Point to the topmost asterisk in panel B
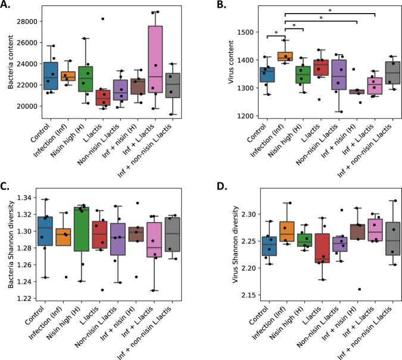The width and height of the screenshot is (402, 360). pos(330,10)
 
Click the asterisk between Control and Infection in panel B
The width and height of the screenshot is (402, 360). pos(276,33)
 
